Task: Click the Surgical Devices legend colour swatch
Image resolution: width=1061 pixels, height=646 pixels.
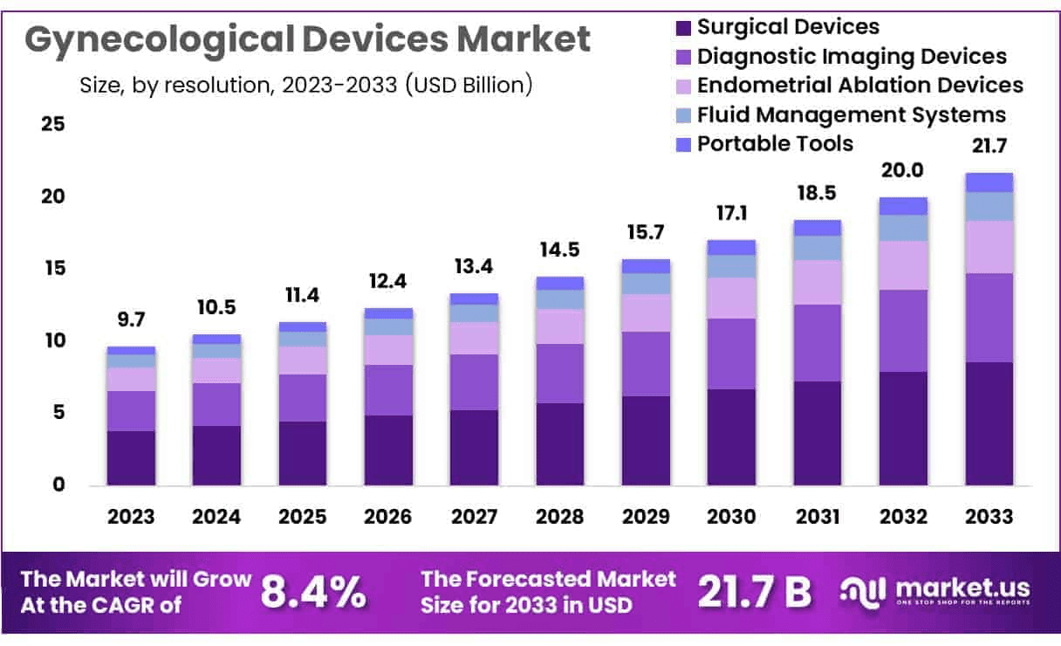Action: (x=683, y=28)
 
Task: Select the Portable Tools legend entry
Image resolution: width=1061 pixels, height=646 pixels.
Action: (x=775, y=143)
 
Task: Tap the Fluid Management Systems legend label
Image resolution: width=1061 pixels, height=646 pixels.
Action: (x=852, y=114)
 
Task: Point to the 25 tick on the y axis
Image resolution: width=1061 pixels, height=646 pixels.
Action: (x=52, y=124)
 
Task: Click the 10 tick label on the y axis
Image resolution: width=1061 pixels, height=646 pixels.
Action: (x=52, y=340)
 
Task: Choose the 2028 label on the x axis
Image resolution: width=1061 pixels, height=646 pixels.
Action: (x=559, y=516)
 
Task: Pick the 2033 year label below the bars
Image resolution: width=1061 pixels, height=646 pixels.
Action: (x=989, y=516)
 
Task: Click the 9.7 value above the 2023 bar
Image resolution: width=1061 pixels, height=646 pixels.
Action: (x=131, y=320)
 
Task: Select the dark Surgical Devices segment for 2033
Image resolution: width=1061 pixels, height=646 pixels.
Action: (x=989, y=423)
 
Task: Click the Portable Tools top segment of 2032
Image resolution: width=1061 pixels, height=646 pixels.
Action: (x=903, y=206)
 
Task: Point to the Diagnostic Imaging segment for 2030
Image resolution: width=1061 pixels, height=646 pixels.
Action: (x=730, y=354)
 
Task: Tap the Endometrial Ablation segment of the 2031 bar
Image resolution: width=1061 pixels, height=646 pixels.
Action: (x=817, y=282)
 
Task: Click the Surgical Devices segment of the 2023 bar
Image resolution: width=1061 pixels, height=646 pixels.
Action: (x=131, y=457)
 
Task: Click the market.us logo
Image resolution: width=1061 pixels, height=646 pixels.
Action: (x=934, y=591)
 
